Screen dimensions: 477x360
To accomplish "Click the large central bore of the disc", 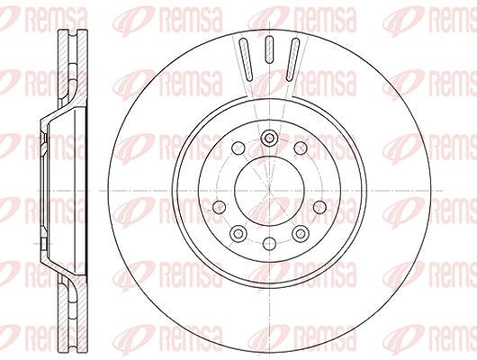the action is point(269,191).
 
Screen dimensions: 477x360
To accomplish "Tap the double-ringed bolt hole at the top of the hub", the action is point(269,138).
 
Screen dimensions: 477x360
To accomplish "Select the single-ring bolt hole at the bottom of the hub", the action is point(269,243).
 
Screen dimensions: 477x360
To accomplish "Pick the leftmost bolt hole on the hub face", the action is point(219,208).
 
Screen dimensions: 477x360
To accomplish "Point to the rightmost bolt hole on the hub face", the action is point(319,208).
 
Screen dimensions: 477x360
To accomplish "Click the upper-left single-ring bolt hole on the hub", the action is point(238,148).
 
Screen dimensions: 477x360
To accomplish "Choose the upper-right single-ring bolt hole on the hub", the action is point(301,148).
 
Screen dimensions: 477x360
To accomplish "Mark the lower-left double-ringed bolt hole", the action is point(238,233).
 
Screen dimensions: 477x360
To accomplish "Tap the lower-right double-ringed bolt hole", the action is point(301,233).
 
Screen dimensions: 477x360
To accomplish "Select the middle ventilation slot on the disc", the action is point(269,49).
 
